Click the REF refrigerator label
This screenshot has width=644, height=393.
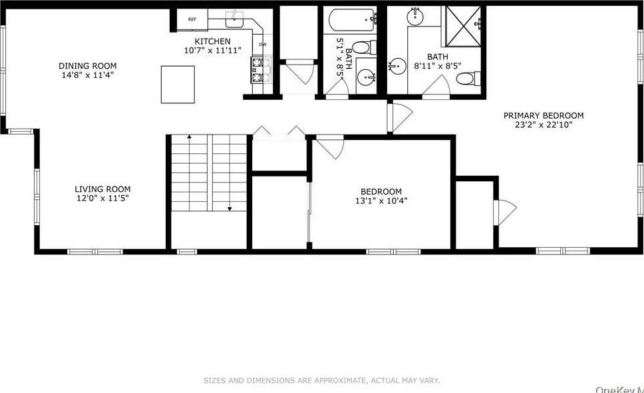click(x=192, y=19)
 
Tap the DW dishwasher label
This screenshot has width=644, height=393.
click(x=263, y=45)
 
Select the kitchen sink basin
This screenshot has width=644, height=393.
click(x=236, y=21)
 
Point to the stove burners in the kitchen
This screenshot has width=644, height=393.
click(x=258, y=69)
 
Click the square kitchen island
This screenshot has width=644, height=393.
click(x=178, y=84)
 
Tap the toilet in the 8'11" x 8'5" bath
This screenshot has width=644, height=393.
click(x=466, y=79)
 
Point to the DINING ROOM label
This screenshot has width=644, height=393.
click(x=87, y=66)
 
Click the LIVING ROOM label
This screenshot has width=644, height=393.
click(x=102, y=189)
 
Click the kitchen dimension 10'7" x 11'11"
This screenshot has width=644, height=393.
click(x=212, y=51)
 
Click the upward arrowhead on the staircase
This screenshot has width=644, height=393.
click(x=190, y=137)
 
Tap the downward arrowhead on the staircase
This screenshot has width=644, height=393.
click(x=230, y=209)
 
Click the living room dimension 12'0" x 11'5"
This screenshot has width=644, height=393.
click(x=102, y=198)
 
